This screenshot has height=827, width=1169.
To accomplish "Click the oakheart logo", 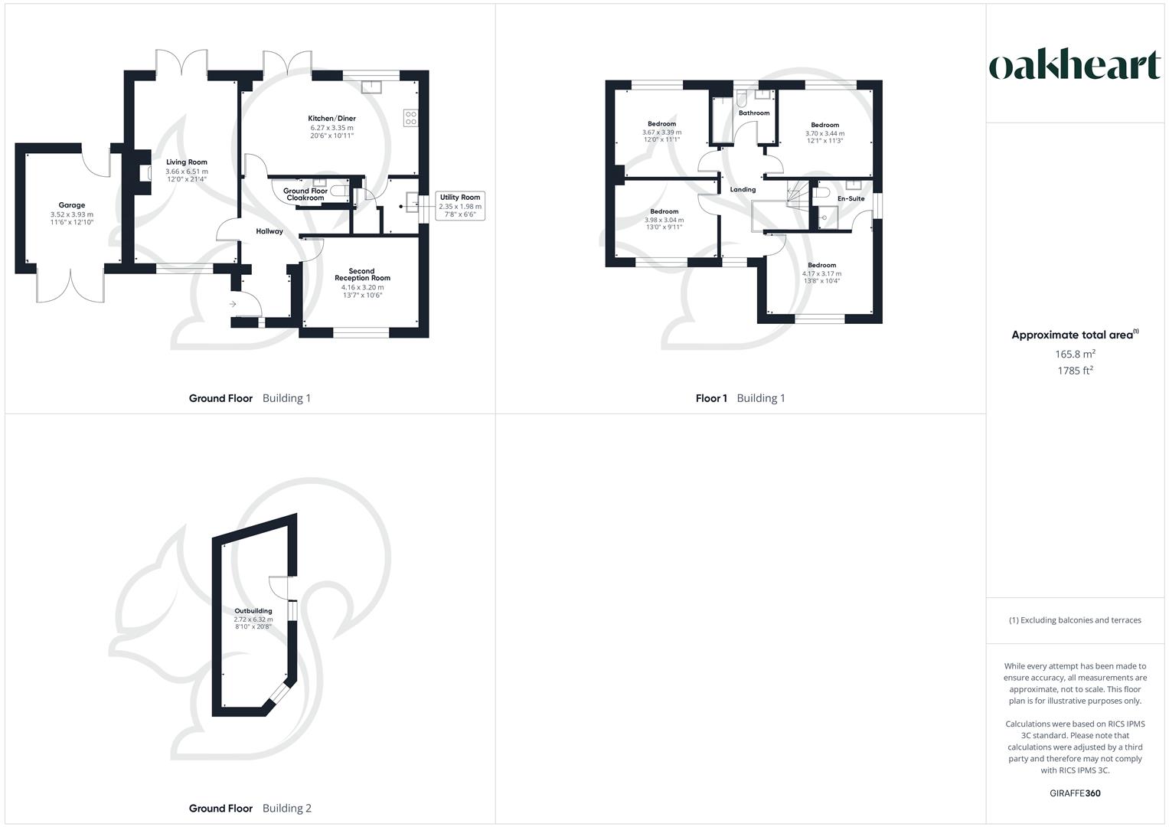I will tap(1074, 66).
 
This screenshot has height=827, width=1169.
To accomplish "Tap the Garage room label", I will tap(72, 205).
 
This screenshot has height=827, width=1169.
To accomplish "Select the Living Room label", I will tap(187, 162).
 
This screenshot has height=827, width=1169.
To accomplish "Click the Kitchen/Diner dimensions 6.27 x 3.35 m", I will tap(331, 128).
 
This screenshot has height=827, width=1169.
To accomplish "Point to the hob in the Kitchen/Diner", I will tap(410, 118).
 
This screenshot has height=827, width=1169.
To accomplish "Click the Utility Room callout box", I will tap(460, 206).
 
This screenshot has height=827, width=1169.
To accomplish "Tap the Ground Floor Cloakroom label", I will tap(305, 194).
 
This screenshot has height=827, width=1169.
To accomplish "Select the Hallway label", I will tap(269, 231).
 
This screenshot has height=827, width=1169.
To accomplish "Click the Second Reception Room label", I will tap(361, 274).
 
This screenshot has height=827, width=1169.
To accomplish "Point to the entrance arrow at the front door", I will tap(233, 305).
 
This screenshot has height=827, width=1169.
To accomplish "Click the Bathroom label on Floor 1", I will tap(753, 113).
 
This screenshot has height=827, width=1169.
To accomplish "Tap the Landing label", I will tap(743, 189).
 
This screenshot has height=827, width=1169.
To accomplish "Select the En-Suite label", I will tap(851, 199).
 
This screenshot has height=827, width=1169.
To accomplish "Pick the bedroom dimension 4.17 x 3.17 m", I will tap(821, 273).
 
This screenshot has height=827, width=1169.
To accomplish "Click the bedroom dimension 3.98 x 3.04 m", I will tap(664, 220).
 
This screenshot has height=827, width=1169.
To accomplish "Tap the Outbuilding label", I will tap(253, 611).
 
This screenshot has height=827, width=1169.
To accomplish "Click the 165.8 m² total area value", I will tap(1075, 354).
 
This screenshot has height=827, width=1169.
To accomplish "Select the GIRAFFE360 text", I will tap(1075, 793).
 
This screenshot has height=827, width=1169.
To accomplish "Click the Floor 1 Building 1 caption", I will tap(740, 398).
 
